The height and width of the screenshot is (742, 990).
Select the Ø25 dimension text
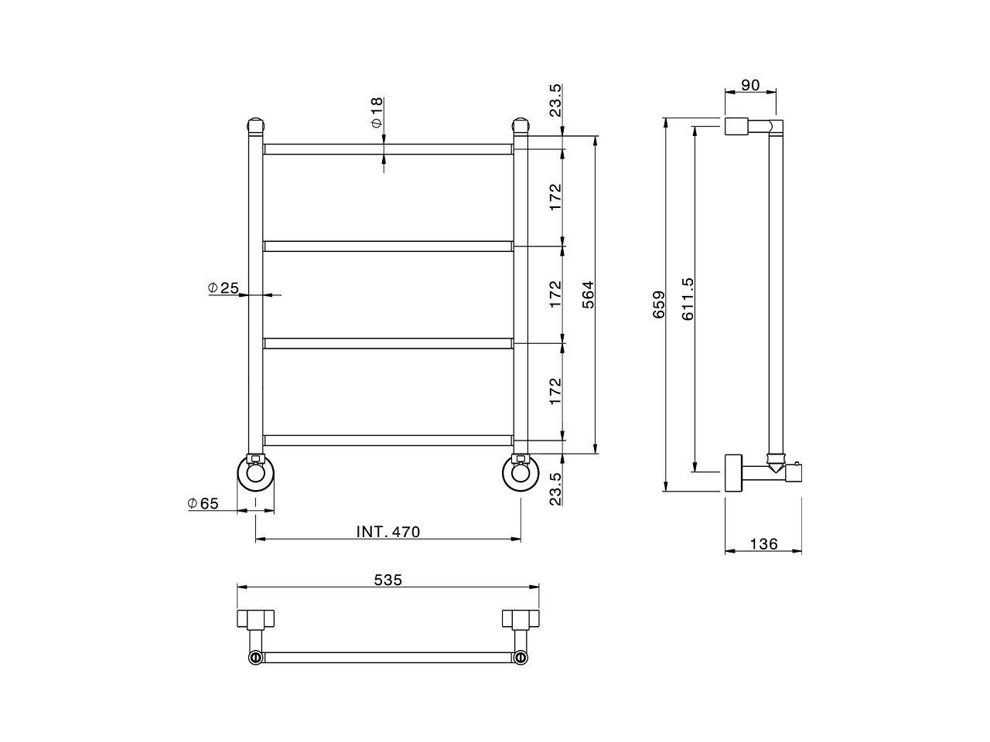click(x=224, y=288)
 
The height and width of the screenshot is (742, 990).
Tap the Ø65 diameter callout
click(x=203, y=503)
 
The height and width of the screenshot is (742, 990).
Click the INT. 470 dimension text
click(x=387, y=532)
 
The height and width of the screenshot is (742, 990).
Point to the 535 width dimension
click(x=387, y=580)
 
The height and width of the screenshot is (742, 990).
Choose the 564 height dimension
click(x=588, y=295)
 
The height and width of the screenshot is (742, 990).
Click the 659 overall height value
click(x=659, y=305)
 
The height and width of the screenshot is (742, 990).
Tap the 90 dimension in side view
click(x=749, y=85)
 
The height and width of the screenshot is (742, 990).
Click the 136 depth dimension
click(x=763, y=544)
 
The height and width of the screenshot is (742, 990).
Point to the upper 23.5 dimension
click(x=555, y=100)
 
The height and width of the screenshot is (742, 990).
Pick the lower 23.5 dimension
click(x=555, y=488)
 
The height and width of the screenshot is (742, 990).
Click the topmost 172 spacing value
click(x=555, y=198)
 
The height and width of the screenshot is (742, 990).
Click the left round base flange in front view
click(x=255, y=473)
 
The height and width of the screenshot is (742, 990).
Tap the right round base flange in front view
click(x=521, y=473)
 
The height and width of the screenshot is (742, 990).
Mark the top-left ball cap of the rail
click(x=255, y=124)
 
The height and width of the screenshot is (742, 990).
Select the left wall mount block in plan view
click(x=255, y=619)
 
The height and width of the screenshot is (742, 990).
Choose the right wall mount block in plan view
click(x=521, y=619)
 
